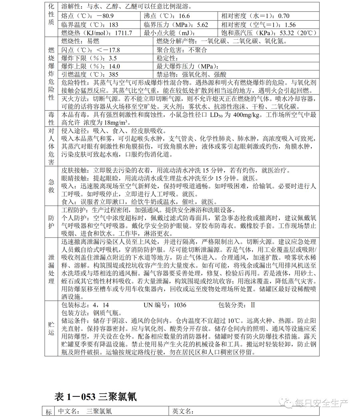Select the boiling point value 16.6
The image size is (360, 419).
click(x=184, y=16)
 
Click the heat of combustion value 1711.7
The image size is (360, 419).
click(x=123, y=33)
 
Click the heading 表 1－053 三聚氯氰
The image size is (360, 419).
click(x=95, y=397)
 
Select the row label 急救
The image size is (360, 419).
click(x=51, y=186)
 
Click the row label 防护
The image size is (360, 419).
click(x=51, y=222)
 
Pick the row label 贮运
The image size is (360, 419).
click(x=51, y=328)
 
